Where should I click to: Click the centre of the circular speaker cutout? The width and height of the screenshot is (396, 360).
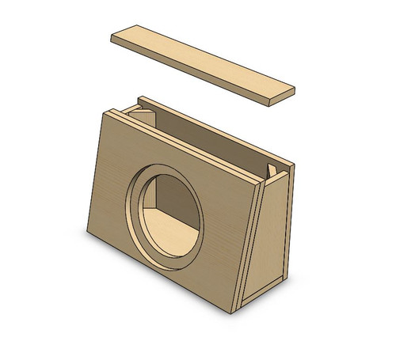(166, 218)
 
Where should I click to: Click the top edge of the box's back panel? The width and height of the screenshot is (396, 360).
(214, 131)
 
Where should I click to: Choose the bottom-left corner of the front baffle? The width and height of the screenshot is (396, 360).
(87, 232)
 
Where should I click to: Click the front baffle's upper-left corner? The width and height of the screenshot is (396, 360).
(105, 111)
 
